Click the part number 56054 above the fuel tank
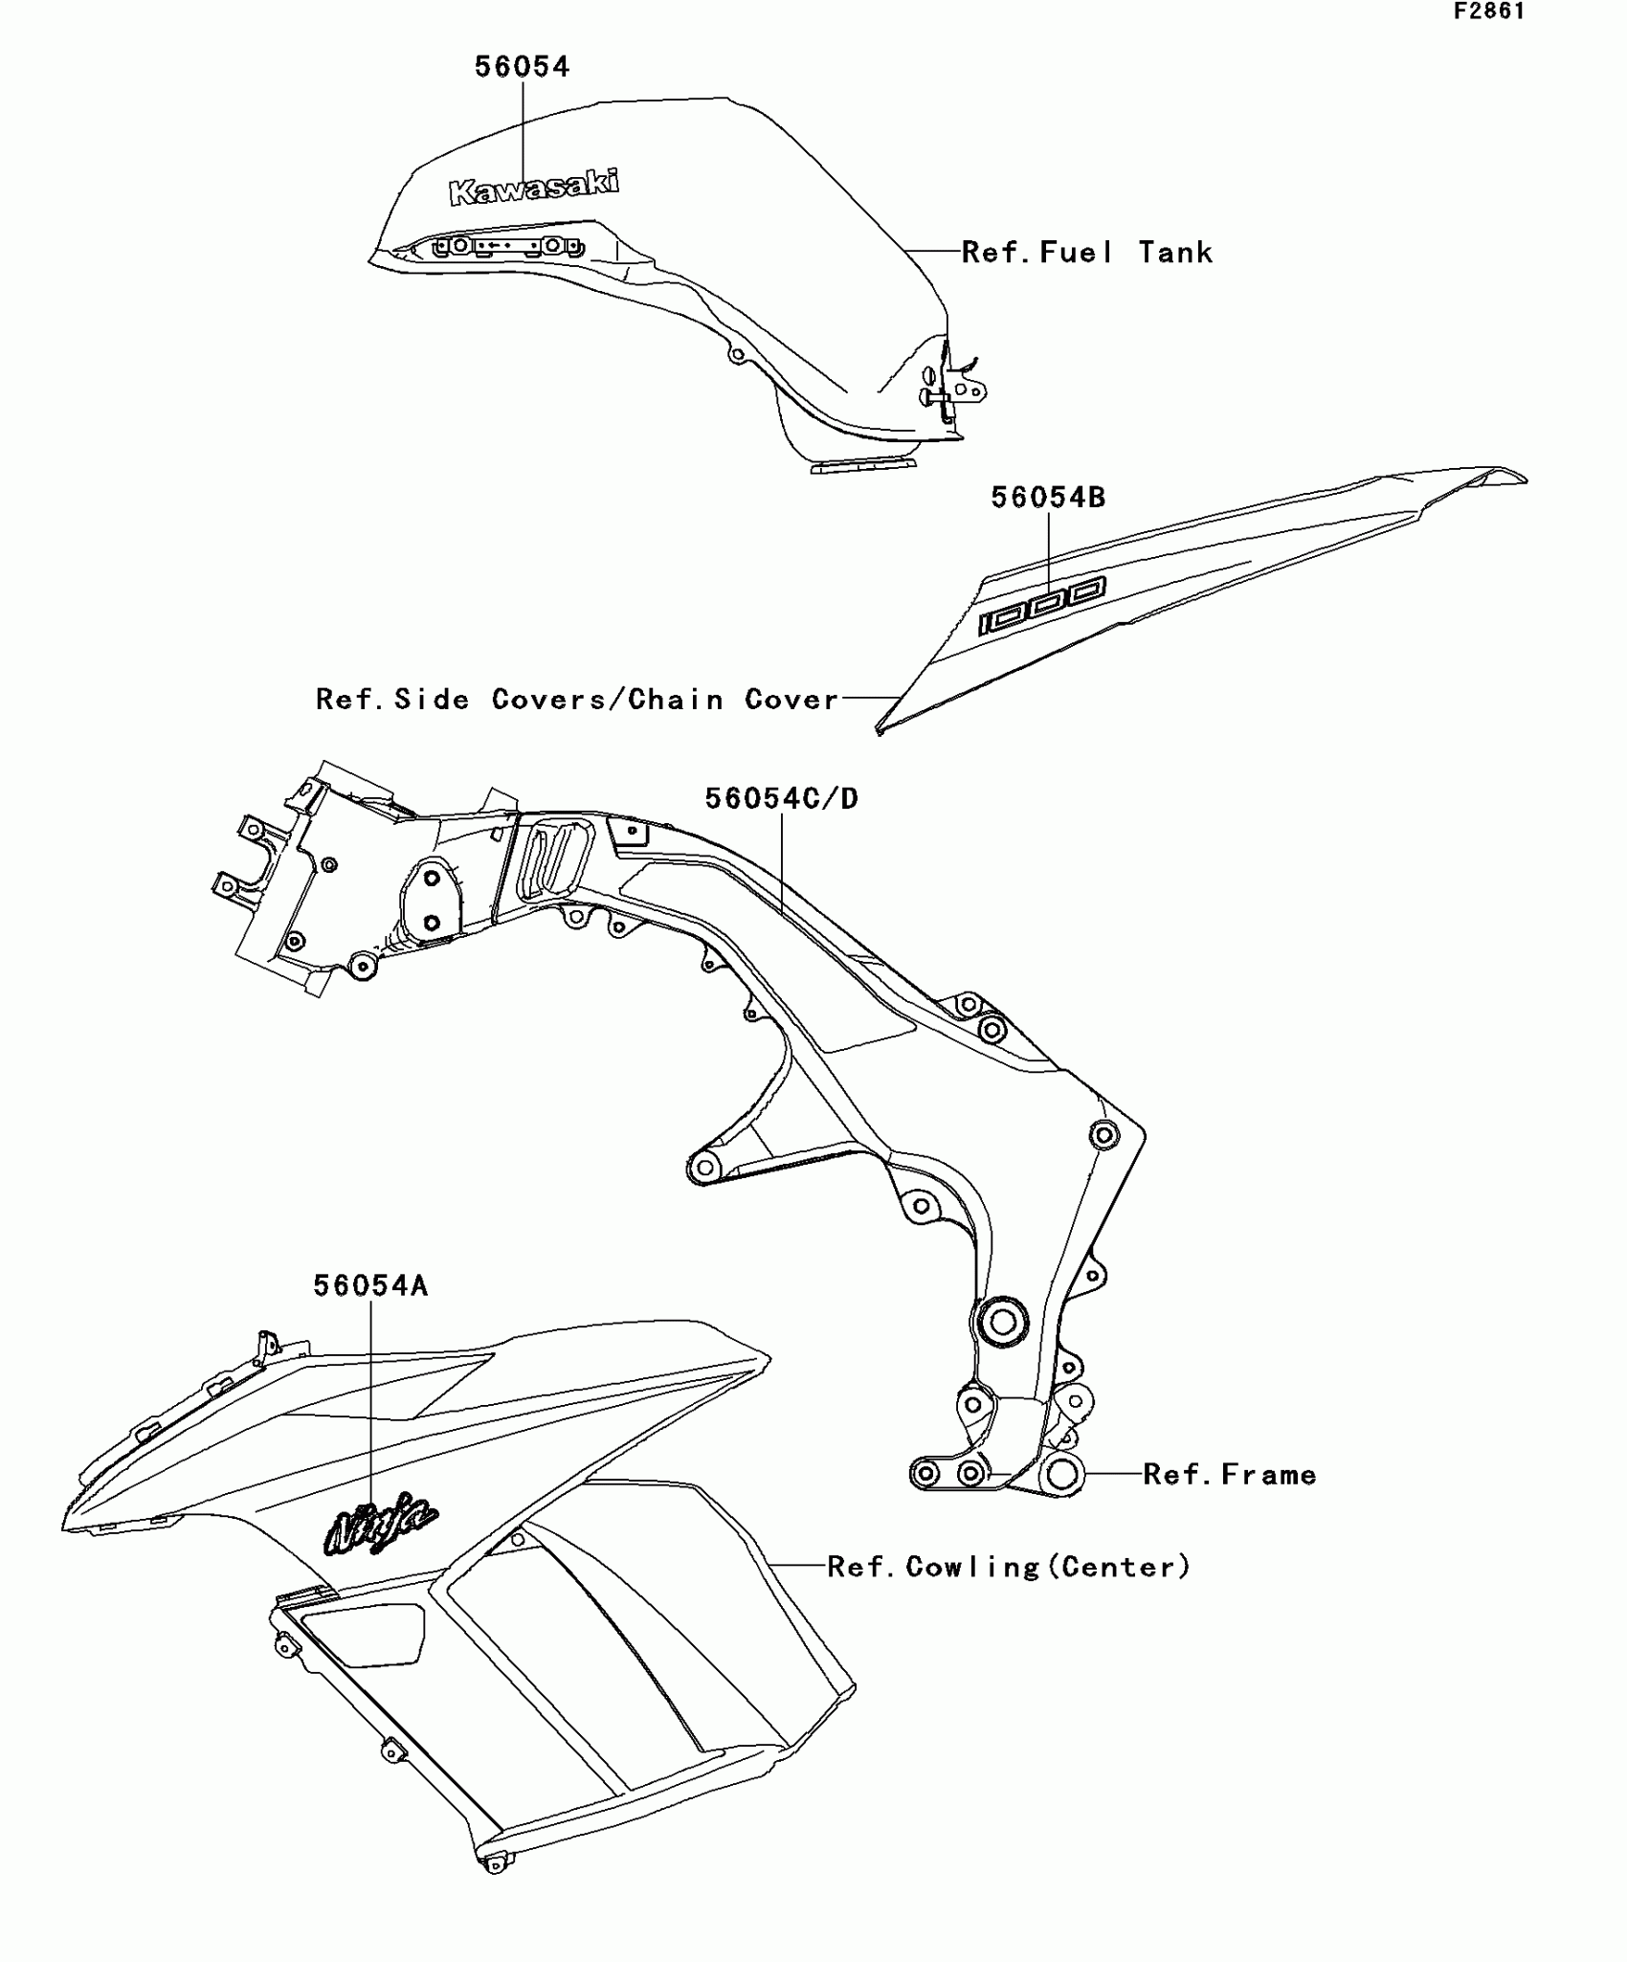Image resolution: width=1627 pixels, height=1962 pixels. pyautogui.click(x=522, y=67)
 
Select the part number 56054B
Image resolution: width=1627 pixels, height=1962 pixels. pyautogui.click(x=1047, y=498)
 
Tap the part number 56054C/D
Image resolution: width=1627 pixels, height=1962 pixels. pyautogui.click(x=781, y=798)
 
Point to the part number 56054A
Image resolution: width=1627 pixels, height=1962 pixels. pyautogui.click(x=370, y=1286)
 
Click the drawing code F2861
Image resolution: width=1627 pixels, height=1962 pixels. pyautogui.click(x=1489, y=11)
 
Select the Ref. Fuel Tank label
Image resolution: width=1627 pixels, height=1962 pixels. pyautogui.click(x=1086, y=253)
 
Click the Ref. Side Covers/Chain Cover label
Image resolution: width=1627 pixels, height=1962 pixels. pyautogui.click(x=577, y=700)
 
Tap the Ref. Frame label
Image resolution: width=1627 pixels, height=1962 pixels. pyautogui.click(x=1230, y=1475)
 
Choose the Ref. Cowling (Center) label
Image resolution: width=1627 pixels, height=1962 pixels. pyautogui.click(x=1009, y=1567)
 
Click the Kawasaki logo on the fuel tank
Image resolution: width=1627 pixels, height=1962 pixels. pyautogui.click(x=534, y=187)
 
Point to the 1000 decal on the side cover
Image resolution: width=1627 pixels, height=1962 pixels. pyautogui.click(x=1041, y=606)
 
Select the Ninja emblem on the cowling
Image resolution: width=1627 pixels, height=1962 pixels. pyautogui.click(x=381, y=1521)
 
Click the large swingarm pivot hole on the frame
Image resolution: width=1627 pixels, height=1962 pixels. pyautogui.click(x=1001, y=1324)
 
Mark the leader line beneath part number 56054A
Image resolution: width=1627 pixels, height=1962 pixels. pyautogui.click(x=370, y=1397)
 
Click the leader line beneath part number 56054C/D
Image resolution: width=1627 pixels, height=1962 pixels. pyautogui.click(x=783, y=861)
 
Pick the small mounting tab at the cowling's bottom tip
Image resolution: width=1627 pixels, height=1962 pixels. pyautogui.click(x=494, y=1862)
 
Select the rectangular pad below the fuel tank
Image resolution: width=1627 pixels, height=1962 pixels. pyautogui.click(x=863, y=467)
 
